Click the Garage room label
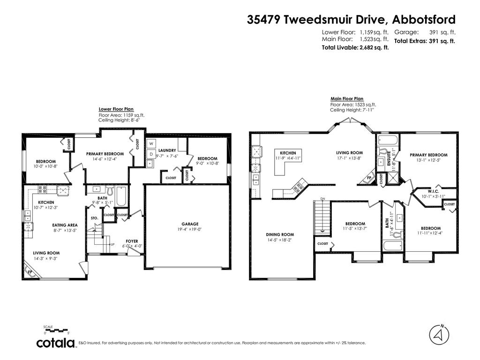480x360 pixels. [190, 224]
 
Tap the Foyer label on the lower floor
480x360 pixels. [132, 241]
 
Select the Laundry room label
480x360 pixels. [167, 150]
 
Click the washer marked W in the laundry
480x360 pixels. [151, 144]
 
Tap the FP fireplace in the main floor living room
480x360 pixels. [369, 179]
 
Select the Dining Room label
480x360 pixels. [280, 234]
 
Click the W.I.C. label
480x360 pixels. [433, 191]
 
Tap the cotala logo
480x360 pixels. [56, 343]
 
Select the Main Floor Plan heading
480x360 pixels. [347, 99]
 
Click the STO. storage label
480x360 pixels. [94, 218]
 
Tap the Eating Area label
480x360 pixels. [65, 225]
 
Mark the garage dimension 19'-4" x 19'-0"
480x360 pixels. [190, 230]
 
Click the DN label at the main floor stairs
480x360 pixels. [322, 199]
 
